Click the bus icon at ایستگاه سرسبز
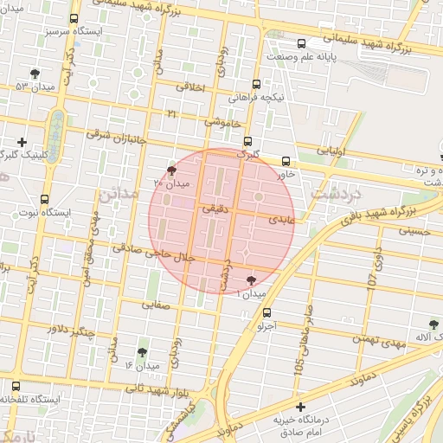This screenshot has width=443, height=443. [x=73, y=18]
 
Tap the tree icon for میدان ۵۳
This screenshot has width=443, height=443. [x=35, y=74]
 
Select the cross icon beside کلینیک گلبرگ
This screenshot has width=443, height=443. [x=22, y=142]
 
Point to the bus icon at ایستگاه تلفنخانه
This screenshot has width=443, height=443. [x=16, y=386]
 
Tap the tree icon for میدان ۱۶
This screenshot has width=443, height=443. [x=142, y=352]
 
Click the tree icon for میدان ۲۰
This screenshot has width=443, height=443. [x=171, y=170]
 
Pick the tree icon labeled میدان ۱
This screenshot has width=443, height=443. [x=251, y=280]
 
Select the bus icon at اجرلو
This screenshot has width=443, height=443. [x=266, y=312]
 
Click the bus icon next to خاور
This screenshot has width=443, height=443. [x=286, y=160]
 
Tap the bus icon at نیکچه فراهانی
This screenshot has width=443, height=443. [x=256, y=85]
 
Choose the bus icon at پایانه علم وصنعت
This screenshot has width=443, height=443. [x=300, y=43]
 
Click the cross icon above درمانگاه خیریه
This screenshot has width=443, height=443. [x=300, y=407]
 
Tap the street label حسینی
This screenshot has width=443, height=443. [x=414, y=231]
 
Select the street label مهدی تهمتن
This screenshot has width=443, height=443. [x=381, y=343]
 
